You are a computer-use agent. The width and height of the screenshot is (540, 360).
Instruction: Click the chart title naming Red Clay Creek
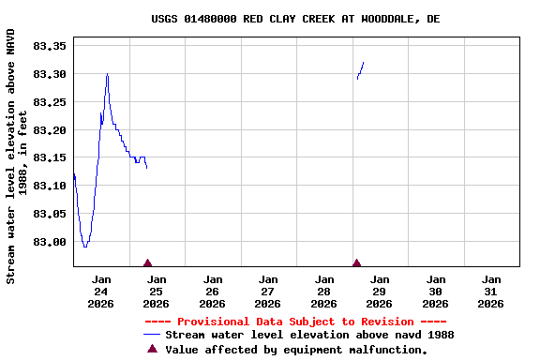point(295,19)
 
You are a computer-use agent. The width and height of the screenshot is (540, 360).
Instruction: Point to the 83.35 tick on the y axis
point(48,45)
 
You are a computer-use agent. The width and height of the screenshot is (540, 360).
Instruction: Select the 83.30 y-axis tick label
point(48,73)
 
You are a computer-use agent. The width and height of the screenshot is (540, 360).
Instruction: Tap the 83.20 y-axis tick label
point(48,129)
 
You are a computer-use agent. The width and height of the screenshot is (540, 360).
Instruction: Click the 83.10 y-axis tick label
point(48,186)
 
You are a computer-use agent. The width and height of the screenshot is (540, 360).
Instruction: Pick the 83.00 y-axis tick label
point(48,242)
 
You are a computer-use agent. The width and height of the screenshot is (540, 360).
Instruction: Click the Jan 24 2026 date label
point(101,291)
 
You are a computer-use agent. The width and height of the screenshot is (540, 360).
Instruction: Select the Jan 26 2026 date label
point(213,291)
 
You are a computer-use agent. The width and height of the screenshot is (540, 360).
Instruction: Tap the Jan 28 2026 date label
point(324,291)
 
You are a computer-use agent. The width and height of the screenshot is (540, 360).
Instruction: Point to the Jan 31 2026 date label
point(491,291)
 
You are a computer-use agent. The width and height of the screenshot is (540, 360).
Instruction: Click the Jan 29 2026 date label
point(380,291)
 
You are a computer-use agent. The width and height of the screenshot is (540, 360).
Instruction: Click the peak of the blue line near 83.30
point(107,73)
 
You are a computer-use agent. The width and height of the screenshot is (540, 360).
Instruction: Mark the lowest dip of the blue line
point(85,247)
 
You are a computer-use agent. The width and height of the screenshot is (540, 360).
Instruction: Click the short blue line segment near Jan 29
point(360,70)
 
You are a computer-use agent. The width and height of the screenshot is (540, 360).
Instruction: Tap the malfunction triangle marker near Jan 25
point(147,263)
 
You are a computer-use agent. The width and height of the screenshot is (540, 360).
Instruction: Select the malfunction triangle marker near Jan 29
point(356,263)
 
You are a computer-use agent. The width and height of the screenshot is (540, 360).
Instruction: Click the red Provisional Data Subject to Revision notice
point(295,322)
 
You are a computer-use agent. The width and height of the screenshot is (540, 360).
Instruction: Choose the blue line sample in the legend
point(153,335)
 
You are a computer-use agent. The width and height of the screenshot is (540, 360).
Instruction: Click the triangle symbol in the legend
point(153,349)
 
